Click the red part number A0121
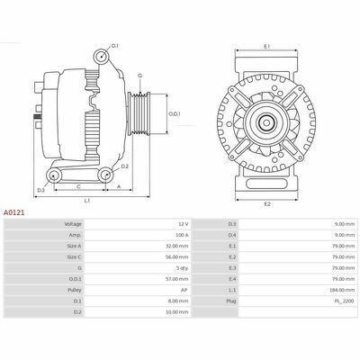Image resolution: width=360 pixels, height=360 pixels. pos(13,212)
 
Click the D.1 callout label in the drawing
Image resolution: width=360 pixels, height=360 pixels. pos(115,46)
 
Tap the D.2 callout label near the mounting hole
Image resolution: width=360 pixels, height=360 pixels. pos(125,166)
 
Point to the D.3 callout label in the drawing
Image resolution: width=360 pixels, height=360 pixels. pos(40,190)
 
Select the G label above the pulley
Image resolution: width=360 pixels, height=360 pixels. pos(139,76)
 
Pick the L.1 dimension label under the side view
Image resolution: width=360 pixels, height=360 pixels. pos(87,201)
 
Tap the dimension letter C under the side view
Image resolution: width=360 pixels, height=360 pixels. pos(78,187)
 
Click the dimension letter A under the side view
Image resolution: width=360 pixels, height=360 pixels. pos(119,187)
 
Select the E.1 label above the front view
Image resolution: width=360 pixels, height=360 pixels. pos(267,47)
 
